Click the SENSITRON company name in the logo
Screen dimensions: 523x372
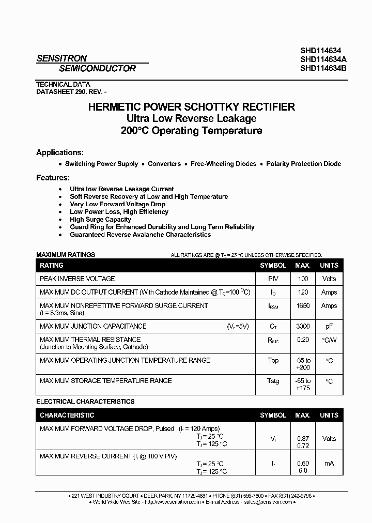[61, 58]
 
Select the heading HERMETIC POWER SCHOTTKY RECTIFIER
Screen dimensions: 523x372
[192, 107]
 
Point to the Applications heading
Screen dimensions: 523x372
[59, 152]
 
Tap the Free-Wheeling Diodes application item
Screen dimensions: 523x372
[223, 164]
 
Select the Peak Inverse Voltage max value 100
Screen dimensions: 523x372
[303, 279]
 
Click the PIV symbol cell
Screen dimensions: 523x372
[273, 279]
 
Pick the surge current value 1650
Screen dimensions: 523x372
[303, 305]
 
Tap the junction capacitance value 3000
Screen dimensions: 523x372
[303, 326]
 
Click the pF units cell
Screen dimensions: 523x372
[329, 326]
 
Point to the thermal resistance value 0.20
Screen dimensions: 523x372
[303, 340]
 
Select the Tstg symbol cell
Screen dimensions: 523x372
[273, 381]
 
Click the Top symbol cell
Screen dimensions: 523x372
[273, 360]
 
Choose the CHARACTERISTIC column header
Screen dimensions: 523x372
[67, 415]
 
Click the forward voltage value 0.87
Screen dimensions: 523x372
[303, 438]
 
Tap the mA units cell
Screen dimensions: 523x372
[329, 463]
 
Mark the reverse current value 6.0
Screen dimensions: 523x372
[303, 471]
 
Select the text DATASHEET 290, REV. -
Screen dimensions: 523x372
[71, 91]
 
